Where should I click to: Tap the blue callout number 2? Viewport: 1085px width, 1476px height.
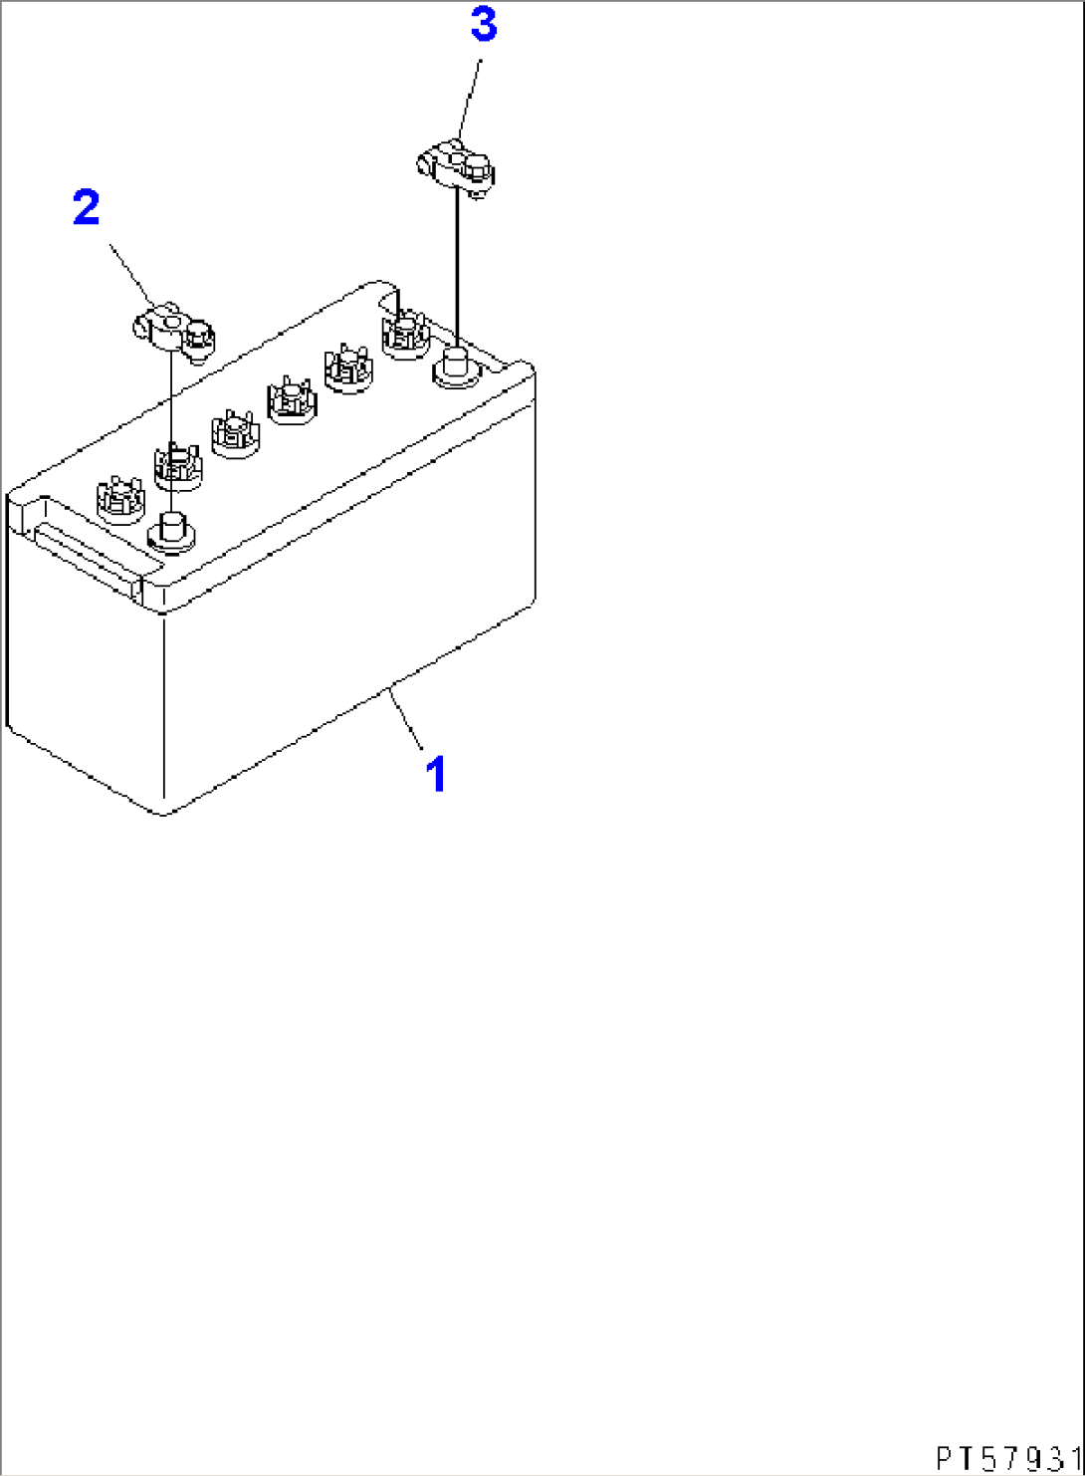[x=87, y=208]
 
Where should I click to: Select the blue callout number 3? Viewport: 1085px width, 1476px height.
[x=484, y=27]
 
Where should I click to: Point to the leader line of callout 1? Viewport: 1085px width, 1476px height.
[x=408, y=718]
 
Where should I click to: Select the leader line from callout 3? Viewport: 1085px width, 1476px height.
[x=469, y=100]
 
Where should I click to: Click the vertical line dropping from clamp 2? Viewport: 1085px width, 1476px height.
[x=172, y=398]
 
